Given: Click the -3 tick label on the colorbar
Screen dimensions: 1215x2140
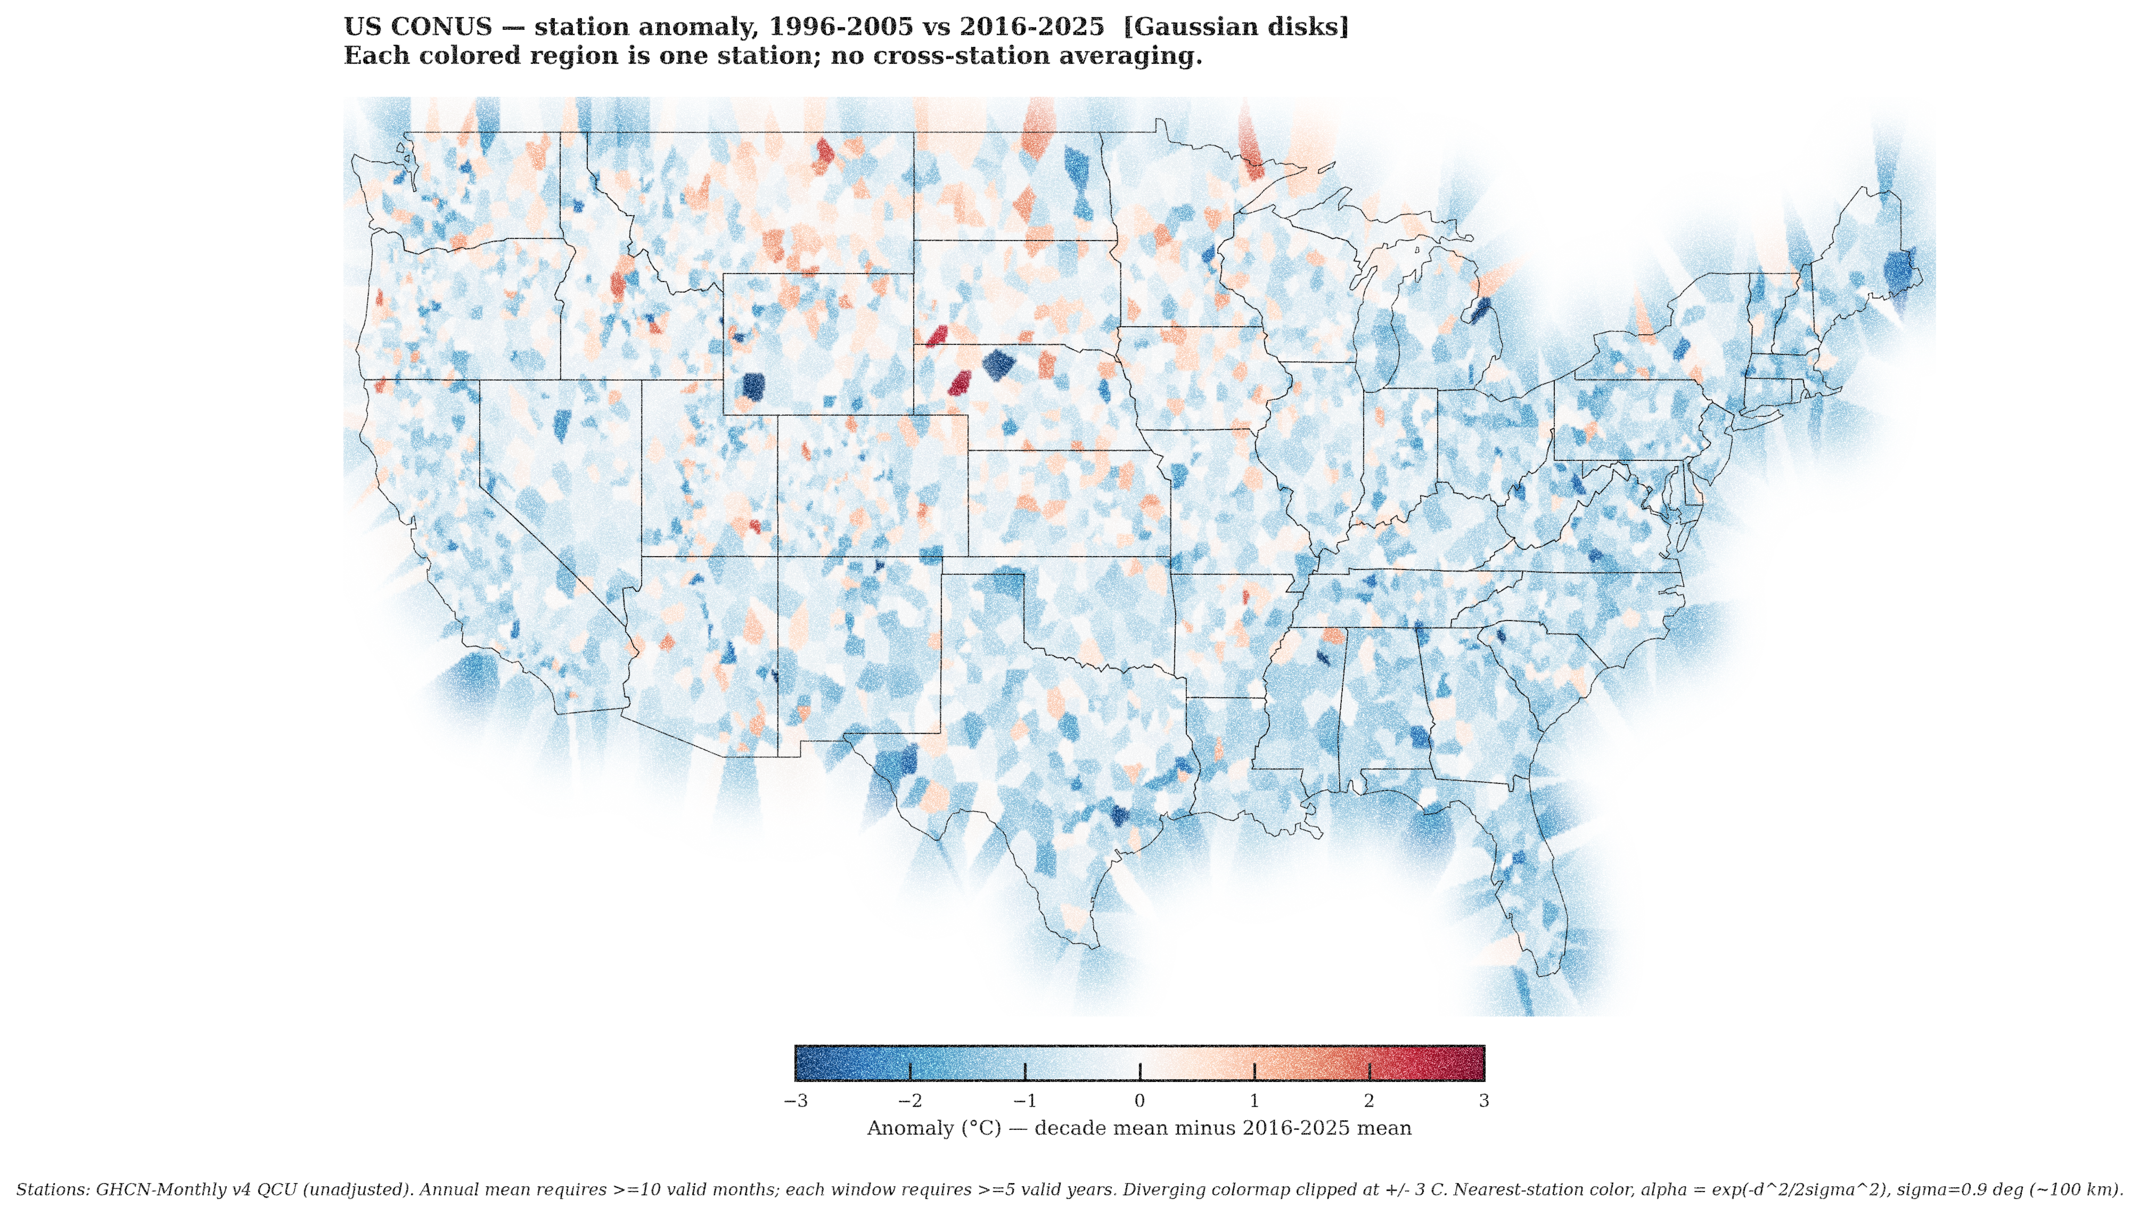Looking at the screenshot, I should point(796,1102).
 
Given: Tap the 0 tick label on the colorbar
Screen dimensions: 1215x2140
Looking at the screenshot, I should point(1139,1102).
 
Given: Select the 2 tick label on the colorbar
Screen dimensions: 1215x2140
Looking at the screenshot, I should point(1369,1102).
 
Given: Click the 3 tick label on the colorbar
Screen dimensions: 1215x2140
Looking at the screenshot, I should point(1483,1102).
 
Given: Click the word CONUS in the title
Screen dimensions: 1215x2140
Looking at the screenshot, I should point(441,27).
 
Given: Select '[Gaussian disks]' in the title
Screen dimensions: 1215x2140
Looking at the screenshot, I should point(1235,27).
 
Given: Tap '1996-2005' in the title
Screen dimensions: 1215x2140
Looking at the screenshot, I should point(840,27).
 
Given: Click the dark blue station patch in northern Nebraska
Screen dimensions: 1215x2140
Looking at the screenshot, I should point(997,365).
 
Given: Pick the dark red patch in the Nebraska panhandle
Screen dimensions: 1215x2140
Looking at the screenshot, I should point(960,383).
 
